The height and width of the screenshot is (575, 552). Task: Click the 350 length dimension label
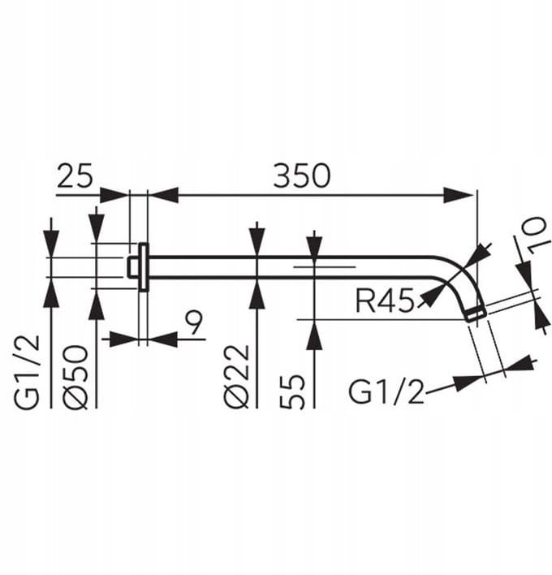coord(302,176)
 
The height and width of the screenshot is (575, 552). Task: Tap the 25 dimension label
coord(75,176)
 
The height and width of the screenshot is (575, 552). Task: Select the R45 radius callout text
coord(385,301)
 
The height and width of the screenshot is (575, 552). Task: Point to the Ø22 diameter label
coord(237,377)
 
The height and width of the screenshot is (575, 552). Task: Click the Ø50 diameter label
coord(75,377)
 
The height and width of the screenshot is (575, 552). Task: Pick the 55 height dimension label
coord(292,391)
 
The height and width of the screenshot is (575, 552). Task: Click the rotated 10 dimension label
coord(538,236)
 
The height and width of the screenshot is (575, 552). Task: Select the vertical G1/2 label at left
coord(27,372)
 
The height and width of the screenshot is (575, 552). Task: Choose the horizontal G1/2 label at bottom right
coord(386,391)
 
